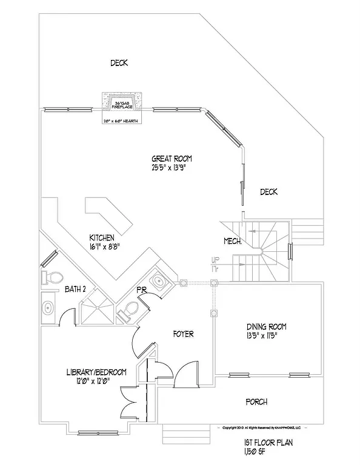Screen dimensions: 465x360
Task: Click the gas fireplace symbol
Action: pos(122,102)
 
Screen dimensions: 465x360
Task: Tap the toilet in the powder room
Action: pos(128,312)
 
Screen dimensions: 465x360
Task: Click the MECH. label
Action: pos(233,241)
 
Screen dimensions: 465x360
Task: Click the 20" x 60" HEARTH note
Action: pos(122,120)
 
